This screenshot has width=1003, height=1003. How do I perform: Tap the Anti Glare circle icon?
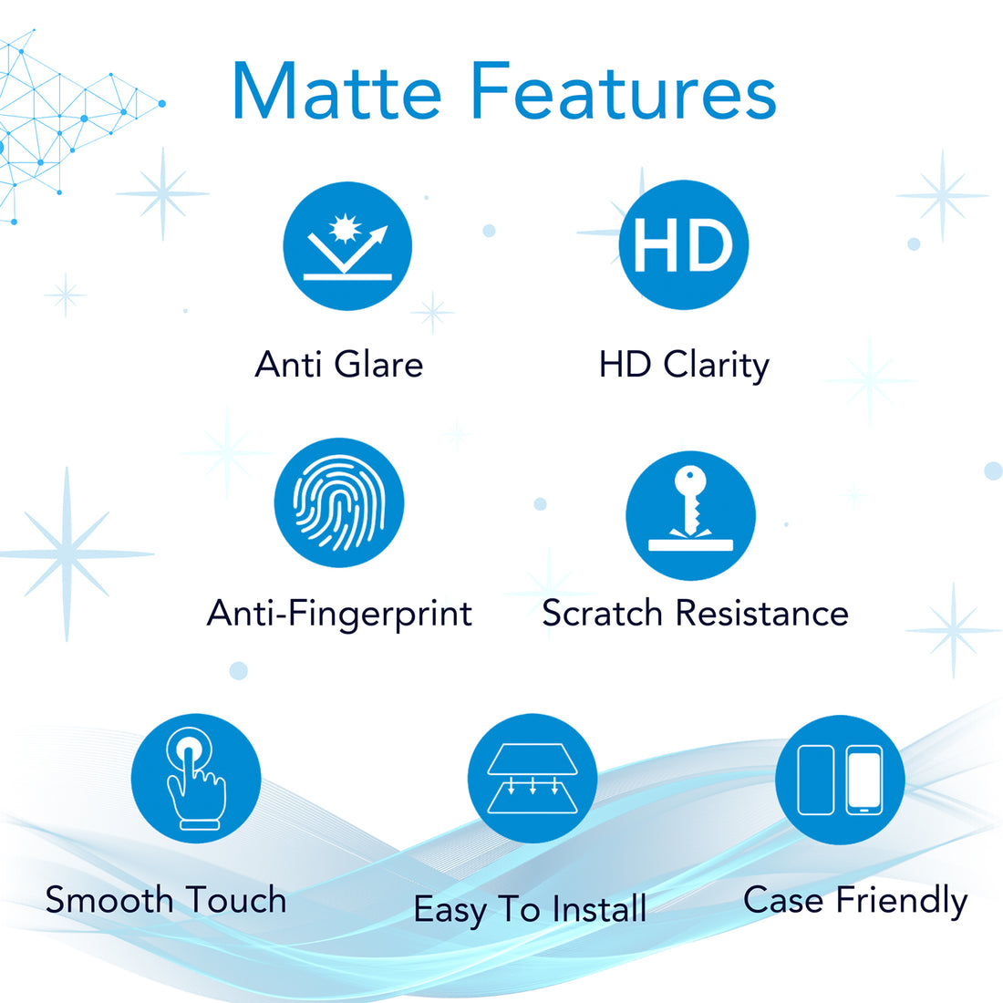(x=347, y=246)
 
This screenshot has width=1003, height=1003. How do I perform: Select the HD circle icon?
(x=684, y=245)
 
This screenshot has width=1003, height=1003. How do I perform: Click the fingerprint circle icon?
(x=339, y=502)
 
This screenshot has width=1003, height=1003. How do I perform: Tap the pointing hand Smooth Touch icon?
(x=196, y=778)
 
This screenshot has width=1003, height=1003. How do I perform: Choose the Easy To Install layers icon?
(x=533, y=778)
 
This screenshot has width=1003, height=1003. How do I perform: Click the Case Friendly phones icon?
(x=840, y=779)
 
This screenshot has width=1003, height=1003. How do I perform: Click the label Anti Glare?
(x=339, y=365)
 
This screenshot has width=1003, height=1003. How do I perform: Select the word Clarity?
(x=717, y=366)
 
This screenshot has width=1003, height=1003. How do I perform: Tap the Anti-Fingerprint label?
(x=339, y=614)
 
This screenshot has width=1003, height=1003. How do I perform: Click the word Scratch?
(x=602, y=614)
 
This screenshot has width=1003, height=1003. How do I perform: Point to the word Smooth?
(x=109, y=900)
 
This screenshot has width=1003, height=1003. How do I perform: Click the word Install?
(x=599, y=909)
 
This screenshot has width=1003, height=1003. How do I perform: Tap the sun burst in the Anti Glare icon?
(x=345, y=228)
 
